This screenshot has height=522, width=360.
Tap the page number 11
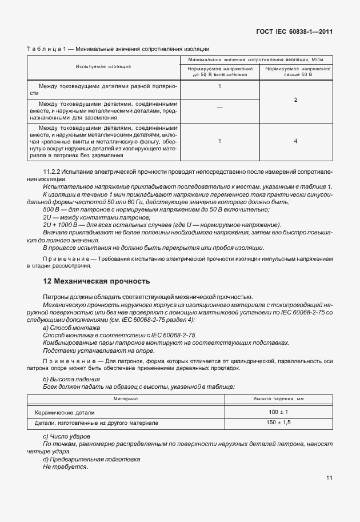(329, 478)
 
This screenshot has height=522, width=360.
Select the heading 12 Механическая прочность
(97, 281)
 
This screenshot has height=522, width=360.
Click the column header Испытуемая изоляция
(103, 66)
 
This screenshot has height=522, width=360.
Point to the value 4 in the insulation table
(295, 140)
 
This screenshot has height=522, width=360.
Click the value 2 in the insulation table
(295, 99)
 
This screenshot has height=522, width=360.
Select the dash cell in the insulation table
(219, 107)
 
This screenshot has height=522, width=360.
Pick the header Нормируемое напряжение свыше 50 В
(295, 71)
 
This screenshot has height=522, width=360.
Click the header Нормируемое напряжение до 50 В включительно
(219, 71)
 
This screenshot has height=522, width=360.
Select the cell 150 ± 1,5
(279, 423)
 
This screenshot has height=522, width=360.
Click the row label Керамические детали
(65, 412)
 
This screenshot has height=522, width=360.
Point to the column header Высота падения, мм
(279, 398)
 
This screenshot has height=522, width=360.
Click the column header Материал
(125, 398)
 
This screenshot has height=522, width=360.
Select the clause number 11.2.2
(53, 172)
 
